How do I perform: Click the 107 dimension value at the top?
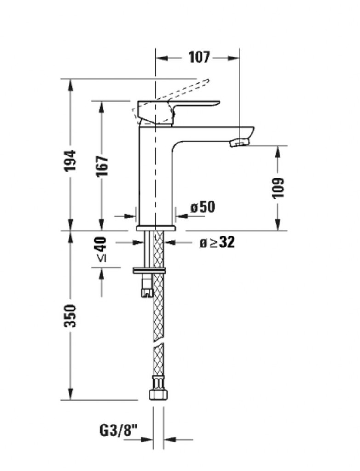tap(199, 57)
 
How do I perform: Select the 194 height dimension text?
tap(70, 161)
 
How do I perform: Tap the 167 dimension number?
tap(102, 166)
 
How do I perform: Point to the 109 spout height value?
tap(277, 188)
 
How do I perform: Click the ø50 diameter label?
tap(203, 207)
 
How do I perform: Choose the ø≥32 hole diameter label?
tap(217, 242)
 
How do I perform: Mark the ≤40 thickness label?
tap(102, 249)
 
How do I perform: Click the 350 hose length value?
tap(70, 316)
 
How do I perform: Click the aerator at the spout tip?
tap(240, 143)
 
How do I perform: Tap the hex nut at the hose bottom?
tap(159, 394)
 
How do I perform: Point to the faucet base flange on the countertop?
tap(155, 228)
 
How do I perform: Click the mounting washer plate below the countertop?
tap(149, 270)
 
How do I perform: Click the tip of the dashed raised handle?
tap(207, 80)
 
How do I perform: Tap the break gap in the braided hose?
tap(159, 343)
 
